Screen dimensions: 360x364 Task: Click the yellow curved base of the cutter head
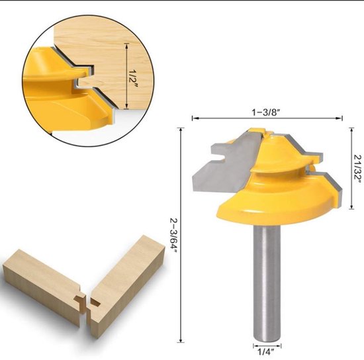coord(265,212)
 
